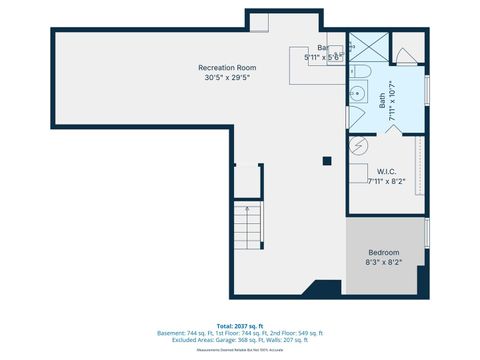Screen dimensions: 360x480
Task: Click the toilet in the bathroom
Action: point(365,73)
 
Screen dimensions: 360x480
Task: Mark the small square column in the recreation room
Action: point(327,160)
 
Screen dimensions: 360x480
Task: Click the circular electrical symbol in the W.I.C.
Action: point(357,146)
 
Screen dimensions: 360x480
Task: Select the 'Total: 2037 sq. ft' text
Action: point(240,326)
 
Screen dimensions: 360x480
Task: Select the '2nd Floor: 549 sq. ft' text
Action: point(295,333)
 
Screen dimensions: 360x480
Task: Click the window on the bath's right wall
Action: point(428,87)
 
